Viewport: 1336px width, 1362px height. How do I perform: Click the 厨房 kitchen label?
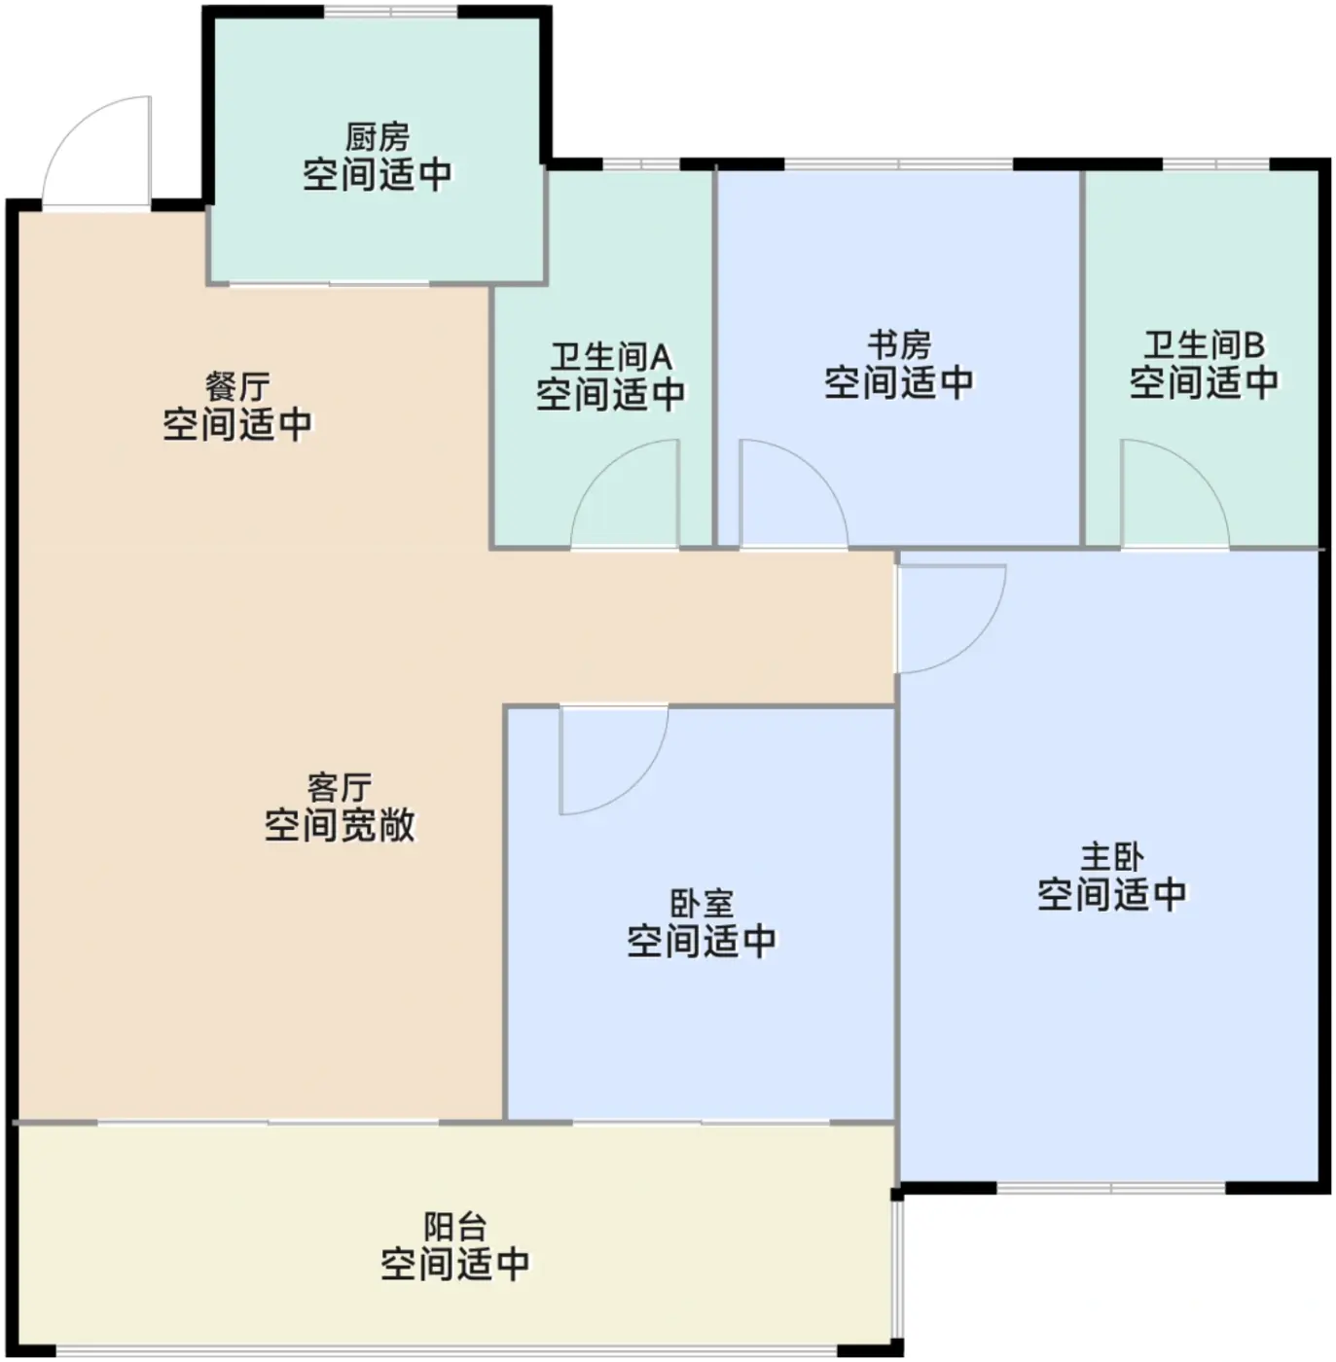pos(377,136)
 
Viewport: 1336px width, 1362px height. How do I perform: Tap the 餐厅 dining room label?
pos(237,386)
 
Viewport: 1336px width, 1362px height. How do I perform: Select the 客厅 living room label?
pos(339,786)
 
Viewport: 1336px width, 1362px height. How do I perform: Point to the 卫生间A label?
pos(611,356)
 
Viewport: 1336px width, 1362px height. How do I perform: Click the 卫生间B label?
pos(1204,344)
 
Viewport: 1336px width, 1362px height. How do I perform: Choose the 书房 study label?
pos(899,344)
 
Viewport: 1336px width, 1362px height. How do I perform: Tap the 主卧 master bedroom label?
pos(1111,856)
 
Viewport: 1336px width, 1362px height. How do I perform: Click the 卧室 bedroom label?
pos(701,903)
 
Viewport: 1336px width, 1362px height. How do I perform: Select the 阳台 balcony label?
pos(454,1226)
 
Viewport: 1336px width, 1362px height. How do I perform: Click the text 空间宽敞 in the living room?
pos(340,825)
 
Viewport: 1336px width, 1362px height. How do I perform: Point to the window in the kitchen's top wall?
pos(390,12)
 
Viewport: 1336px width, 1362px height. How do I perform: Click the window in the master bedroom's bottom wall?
pos(1111,1188)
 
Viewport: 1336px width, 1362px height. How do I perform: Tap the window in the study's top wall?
pos(898,163)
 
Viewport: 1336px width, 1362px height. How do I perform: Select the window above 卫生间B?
pos(1215,163)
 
